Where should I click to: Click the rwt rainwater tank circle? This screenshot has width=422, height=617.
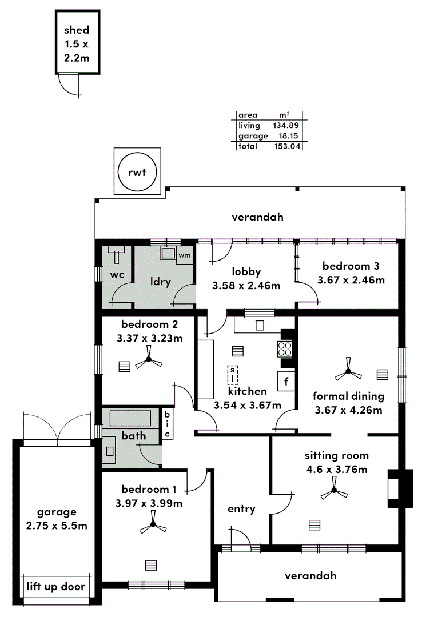pyautogui.click(x=137, y=171)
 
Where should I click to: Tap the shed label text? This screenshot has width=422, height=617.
pyautogui.click(x=77, y=30)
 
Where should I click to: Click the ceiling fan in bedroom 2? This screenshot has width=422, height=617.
pyautogui.click(x=150, y=360)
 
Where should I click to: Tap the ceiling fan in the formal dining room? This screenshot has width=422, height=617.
pyautogui.click(x=348, y=372)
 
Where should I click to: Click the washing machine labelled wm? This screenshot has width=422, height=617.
pyautogui.click(x=184, y=255)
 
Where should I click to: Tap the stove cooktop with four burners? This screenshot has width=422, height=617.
pyautogui.click(x=285, y=348)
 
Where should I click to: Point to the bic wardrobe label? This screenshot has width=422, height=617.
pyautogui.click(x=168, y=424)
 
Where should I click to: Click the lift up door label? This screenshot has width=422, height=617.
pyautogui.click(x=56, y=587)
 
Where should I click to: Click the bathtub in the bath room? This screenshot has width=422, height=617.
pyautogui.click(x=130, y=419)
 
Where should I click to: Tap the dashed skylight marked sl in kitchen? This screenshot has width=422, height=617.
pyautogui.click(x=233, y=376)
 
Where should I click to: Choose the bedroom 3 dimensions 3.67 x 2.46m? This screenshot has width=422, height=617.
pyautogui.click(x=351, y=280)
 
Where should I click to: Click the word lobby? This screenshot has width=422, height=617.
pyautogui.click(x=246, y=272)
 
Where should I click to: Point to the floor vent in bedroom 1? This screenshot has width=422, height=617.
pyautogui.click(x=150, y=564)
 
